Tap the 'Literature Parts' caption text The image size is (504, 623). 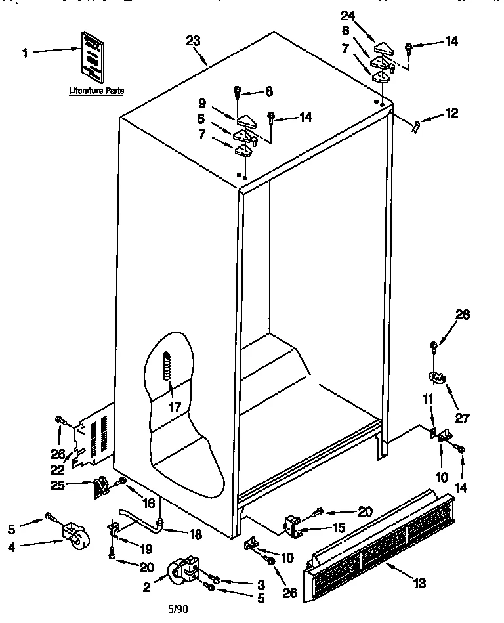pos(96,91)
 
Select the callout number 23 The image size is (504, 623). pos(193,41)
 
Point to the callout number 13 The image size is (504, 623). pos(420,583)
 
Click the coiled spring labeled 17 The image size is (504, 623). pos(167,364)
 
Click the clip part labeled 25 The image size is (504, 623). pos(100,486)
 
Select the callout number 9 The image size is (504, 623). pos(203,103)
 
